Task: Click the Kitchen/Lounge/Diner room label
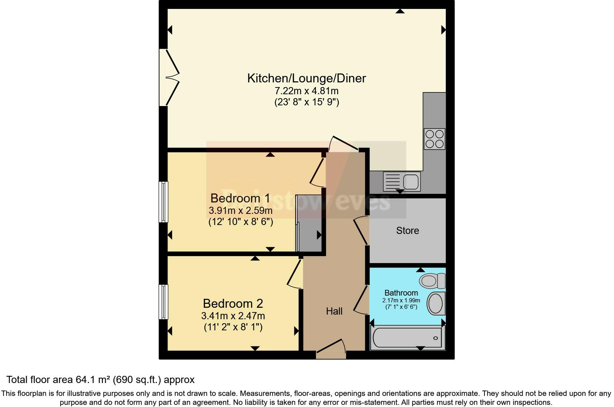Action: [307, 78]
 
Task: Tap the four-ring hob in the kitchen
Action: [434, 139]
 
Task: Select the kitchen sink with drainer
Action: [401, 181]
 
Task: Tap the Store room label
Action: [407, 231]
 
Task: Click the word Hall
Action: [334, 311]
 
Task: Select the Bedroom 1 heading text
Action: [240, 198]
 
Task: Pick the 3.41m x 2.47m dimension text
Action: [233, 316]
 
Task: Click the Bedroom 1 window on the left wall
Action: [164, 202]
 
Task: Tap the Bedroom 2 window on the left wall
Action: [164, 302]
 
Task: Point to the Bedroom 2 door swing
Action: [295, 274]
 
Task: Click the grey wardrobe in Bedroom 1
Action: [309, 224]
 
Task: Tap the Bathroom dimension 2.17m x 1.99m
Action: [401, 300]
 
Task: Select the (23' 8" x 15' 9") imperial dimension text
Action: [307, 102]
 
